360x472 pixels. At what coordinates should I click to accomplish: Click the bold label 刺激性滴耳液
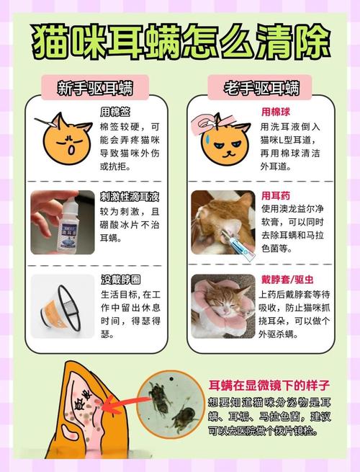pyautogui.click(x=130, y=197)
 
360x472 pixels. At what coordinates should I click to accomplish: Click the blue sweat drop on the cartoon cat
pyautogui.click(x=203, y=136)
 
